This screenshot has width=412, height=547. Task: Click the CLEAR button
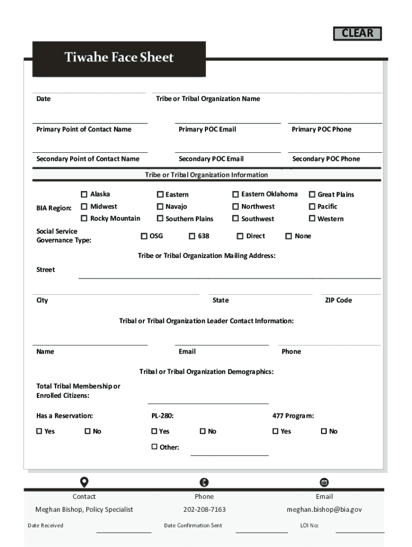(357, 33)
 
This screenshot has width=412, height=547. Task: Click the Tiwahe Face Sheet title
(119, 58)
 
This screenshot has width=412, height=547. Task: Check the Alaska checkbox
(84, 194)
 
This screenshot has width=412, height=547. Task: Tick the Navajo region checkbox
(160, 206)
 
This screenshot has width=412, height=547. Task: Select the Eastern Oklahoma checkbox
(235, 194)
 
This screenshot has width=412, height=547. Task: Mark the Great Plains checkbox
(312, 194)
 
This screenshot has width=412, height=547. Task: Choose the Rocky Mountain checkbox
(84, 218)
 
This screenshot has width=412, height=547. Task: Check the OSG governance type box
(144, 236)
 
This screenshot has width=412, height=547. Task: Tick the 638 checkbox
(192, 236)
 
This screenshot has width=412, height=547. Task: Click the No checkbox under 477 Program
(324, 431)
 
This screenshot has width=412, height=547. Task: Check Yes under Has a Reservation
(39, 431)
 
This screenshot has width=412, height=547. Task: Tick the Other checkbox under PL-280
(155, 447)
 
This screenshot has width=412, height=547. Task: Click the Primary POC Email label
(207, 129)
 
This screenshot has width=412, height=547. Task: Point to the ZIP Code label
(338, 300)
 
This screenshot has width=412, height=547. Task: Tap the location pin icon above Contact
(84, 482)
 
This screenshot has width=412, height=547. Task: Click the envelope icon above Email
(324, 482)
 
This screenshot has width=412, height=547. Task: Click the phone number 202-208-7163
(204, 510)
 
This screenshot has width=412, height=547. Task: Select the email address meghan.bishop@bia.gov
(324, 510)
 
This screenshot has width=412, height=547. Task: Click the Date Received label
(45, 526)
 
